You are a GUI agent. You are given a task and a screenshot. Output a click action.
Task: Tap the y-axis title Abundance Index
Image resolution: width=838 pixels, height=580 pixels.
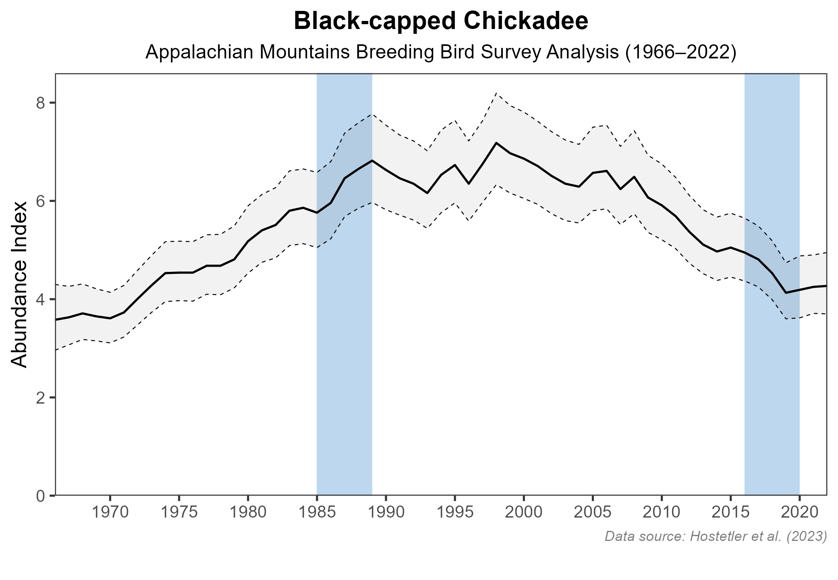click(19, 284)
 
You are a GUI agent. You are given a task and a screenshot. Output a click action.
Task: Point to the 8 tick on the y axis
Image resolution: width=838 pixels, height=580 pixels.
click(40, 103)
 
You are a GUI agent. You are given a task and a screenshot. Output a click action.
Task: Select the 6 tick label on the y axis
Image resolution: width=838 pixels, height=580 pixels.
click(40, 201)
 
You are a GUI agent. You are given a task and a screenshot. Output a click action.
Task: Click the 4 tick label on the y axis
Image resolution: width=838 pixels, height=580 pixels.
click(40, 299)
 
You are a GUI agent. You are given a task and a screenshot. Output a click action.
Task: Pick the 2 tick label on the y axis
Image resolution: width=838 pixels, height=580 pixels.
click(40, 398)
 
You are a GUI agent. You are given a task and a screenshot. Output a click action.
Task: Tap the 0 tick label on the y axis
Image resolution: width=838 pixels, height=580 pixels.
click(40, 496)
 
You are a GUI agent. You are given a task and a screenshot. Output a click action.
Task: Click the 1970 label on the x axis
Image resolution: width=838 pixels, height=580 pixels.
click(110, 513)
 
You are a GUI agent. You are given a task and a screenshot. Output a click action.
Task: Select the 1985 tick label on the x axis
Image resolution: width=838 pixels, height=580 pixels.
click(317, 513)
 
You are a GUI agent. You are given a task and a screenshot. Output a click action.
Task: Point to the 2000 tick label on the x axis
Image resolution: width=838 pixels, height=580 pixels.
click(523, 513)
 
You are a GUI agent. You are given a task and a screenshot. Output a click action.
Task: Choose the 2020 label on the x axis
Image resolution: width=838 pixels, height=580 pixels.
click(799, 513)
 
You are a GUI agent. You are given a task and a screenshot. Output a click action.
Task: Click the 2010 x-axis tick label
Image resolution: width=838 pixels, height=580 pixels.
click(661, 513)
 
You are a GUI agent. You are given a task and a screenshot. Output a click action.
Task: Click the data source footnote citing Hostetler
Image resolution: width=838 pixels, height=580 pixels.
click(716, 536)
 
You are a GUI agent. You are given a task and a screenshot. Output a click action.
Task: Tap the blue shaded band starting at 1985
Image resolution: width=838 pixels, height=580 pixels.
click(344, 362)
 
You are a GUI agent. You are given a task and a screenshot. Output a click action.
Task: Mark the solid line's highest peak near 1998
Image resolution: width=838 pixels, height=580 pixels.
click(496, 143)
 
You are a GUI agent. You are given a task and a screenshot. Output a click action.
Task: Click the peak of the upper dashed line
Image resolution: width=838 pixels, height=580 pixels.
click(496, 93)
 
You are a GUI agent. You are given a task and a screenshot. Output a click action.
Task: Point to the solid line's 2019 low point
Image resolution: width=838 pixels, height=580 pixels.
click(786, 293)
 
